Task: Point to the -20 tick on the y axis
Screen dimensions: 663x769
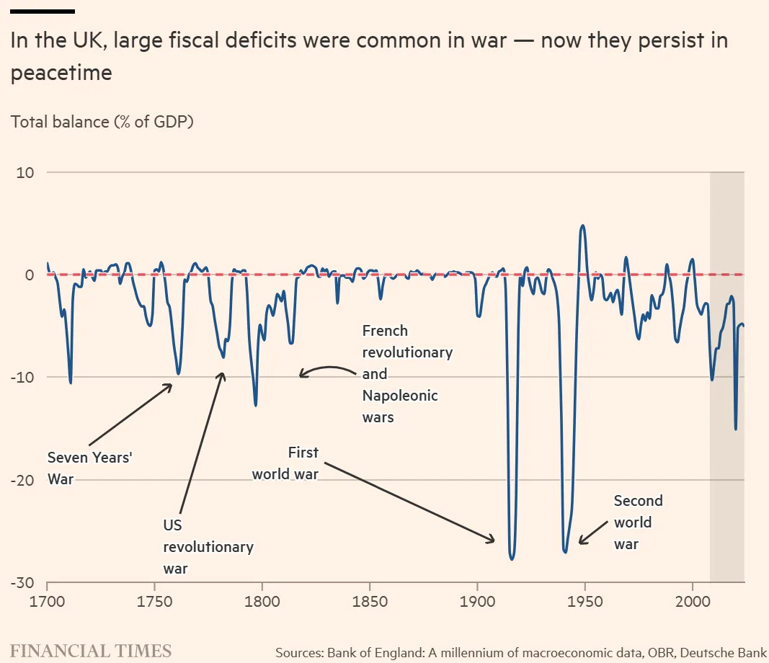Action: pos(25,480)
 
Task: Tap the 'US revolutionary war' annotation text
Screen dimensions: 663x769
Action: pos(208,547)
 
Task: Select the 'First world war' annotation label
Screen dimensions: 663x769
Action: pos(285,463)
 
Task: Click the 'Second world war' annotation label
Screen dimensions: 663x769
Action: pos(637,522)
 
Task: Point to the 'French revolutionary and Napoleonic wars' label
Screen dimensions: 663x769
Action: pos(406,373)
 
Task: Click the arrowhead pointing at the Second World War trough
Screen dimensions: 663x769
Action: pos(581,540)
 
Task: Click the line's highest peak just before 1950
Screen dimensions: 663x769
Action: pos(582,226)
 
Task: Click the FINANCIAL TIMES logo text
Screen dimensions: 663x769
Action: pos(91,651)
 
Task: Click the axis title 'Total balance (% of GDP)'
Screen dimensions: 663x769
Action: pos(102,121)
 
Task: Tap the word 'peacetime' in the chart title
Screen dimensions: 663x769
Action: pos(61,73)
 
